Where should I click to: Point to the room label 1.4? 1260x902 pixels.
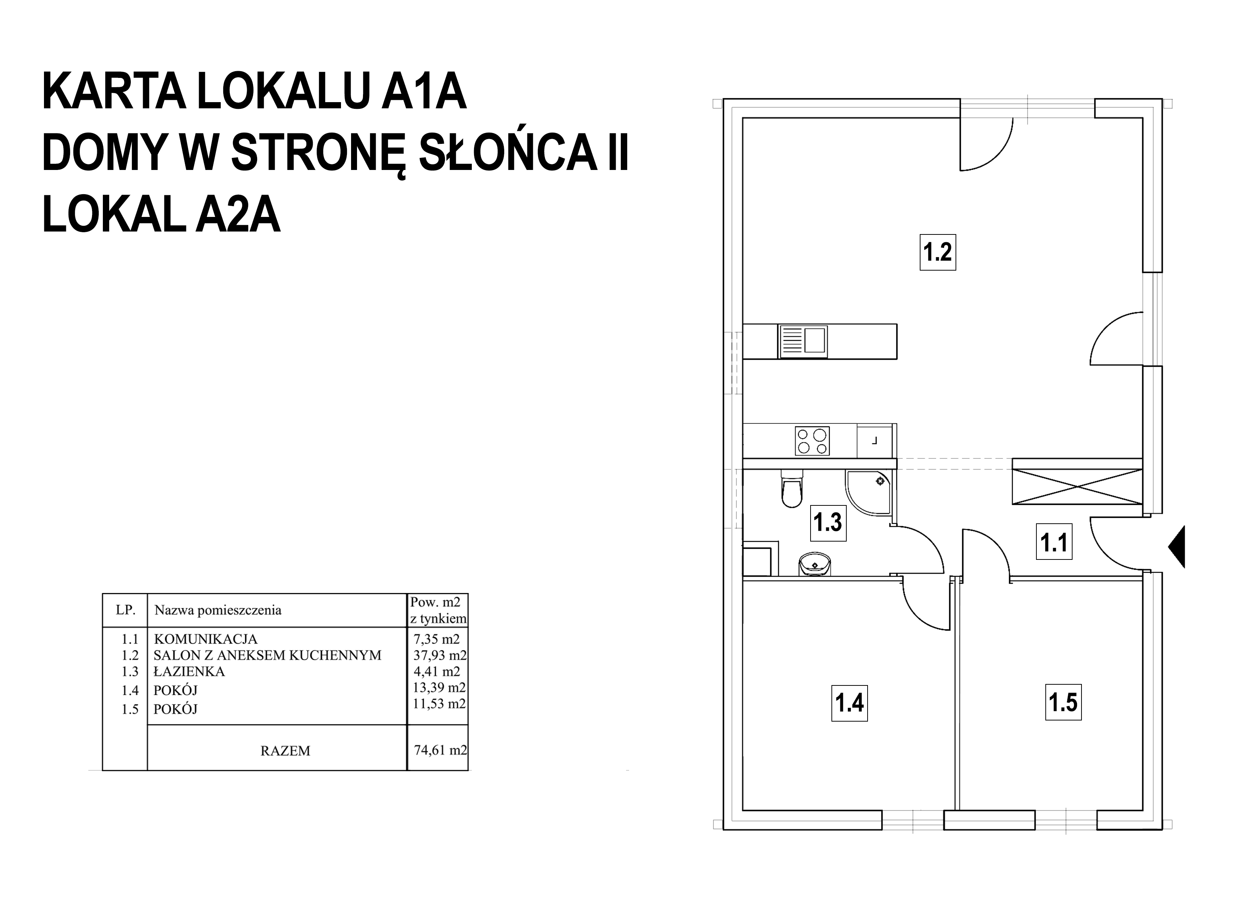[x=849, y=703]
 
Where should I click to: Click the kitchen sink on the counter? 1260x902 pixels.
[x=803, y=341]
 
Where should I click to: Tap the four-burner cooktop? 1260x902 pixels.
[x=812, y=441]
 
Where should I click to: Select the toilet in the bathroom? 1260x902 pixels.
[x=791, y=488]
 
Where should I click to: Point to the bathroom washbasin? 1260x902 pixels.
[x=815, y=565]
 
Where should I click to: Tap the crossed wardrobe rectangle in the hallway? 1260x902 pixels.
[x=1077, y=486]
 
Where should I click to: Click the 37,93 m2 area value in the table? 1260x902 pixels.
[x=439, y=655]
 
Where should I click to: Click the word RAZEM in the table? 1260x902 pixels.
[x=285, y=751]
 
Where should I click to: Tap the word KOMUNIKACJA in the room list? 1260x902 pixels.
[x=205, y=639]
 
